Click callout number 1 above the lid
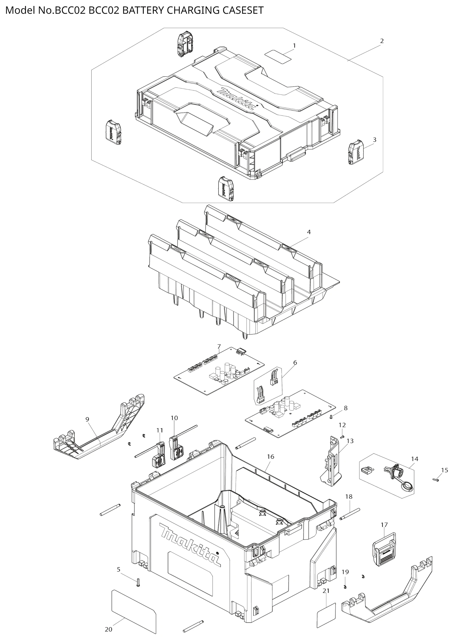[x=294, y=46]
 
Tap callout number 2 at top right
[x=382, y=41]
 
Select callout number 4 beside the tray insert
[x=309, y=232]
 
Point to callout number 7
[x=219, y=346]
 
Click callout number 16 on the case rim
[x=271, y=456]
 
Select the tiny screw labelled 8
[x=332, y=417]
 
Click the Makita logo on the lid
[x=236, y=99]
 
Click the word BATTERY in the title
[x=143, y=10]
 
